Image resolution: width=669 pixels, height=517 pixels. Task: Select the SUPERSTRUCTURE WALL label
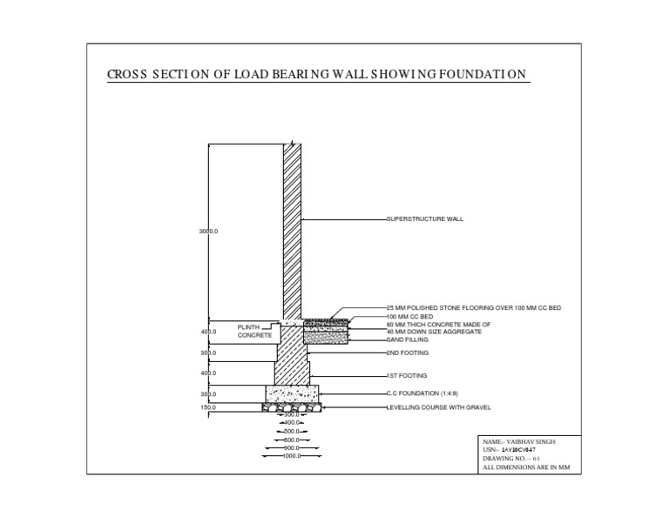pos(425,219)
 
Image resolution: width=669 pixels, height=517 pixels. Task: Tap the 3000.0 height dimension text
pos(208,232)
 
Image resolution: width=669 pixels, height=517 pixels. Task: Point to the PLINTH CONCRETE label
pos(255,331)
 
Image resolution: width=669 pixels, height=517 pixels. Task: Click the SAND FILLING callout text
pos(409,339)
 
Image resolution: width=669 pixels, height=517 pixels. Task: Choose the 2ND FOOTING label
pos(408,353)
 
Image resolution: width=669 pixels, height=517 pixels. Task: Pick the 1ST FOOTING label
pos(407,375)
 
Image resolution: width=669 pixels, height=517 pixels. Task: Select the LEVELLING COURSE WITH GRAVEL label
pos(439,407)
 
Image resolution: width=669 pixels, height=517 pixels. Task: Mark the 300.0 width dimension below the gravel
pos(291,415)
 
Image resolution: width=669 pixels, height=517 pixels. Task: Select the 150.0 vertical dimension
pos(208,407)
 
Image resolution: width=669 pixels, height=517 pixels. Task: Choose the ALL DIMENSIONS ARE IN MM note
pos(525,467)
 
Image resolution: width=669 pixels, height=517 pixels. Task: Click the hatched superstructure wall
pos(293,226)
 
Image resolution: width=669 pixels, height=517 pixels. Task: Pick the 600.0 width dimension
pos(291,440)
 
